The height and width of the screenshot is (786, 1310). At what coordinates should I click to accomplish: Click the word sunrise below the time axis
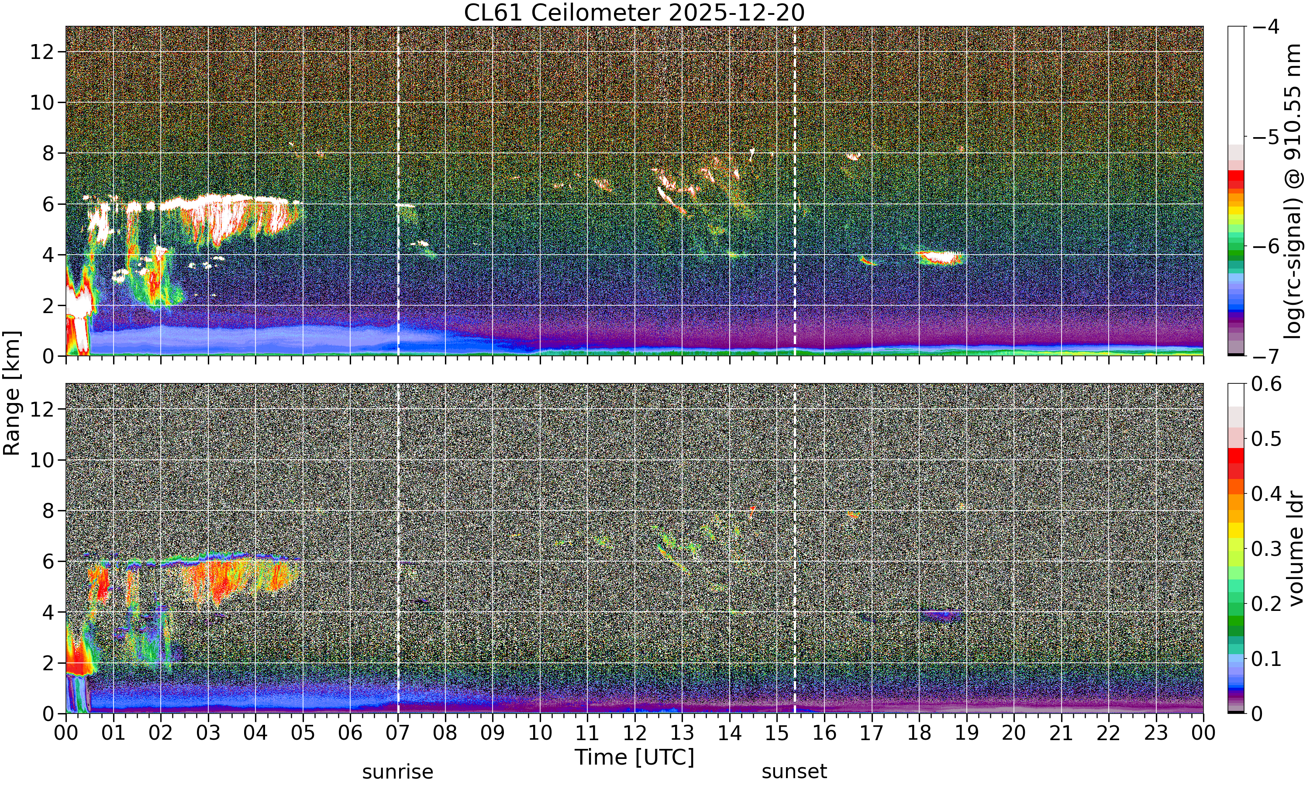click(398, 772)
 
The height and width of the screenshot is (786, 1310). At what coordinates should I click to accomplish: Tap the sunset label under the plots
click(794, 772)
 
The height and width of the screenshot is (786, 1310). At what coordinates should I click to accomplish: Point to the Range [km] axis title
click(12, 393)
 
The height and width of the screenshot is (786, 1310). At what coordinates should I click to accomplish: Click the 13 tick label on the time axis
click(682, 733)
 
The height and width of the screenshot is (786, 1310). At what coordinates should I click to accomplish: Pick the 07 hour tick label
click(398, 733)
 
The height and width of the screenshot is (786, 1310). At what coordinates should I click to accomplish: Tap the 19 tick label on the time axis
click(966, 733)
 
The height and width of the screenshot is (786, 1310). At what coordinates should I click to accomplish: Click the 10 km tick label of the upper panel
click(42, 102)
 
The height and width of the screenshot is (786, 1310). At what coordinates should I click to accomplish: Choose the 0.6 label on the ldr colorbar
click(1267, 383)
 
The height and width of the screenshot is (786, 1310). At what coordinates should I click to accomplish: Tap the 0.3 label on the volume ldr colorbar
click(1267, 549)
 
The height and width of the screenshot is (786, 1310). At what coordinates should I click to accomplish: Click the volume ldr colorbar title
click(1296, 549)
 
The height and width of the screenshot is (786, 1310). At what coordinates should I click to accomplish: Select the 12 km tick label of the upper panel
click(42, 52)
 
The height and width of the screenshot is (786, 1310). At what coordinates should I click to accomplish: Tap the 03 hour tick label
click(208, 733)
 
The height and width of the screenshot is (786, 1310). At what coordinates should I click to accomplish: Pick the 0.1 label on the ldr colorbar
click(1267, 659)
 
